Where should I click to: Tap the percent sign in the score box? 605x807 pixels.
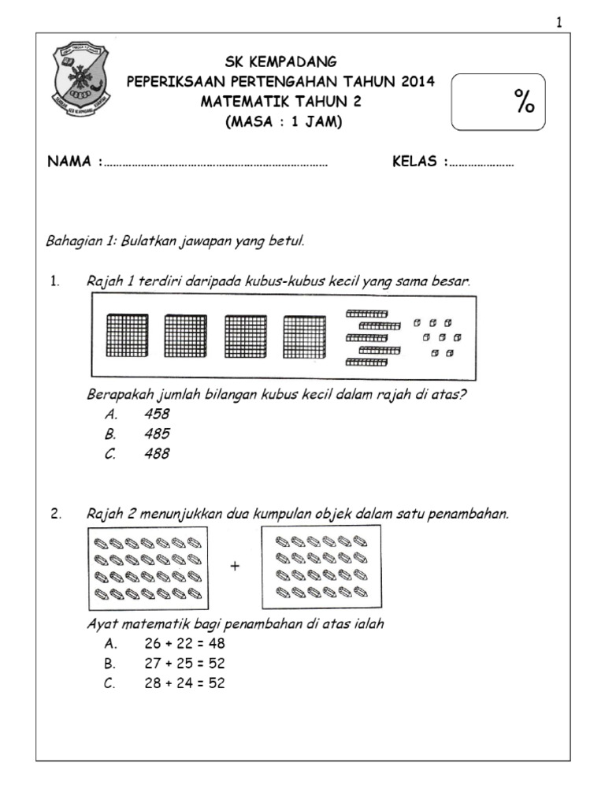click(524, 102)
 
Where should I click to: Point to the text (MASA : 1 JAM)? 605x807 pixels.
click(281, 122)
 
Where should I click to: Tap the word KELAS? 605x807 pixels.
click(417, 162)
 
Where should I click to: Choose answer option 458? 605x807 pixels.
click(157, 414)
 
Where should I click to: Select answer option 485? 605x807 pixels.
click(157, 433)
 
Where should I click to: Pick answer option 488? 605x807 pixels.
click(157, 454)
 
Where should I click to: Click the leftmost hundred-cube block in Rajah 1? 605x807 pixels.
click(127, 336)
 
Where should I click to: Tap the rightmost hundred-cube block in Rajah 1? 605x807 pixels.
click(304, 336)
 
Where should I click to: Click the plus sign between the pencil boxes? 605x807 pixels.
click(234, 566)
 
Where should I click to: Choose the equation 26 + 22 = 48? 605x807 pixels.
click(184, 644)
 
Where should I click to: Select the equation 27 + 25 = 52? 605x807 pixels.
click(184, 664)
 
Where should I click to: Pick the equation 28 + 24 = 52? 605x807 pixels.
click(184, 684)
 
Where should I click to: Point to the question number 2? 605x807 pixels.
click(55, 515)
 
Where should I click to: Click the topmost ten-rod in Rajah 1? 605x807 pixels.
click(366, 314)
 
